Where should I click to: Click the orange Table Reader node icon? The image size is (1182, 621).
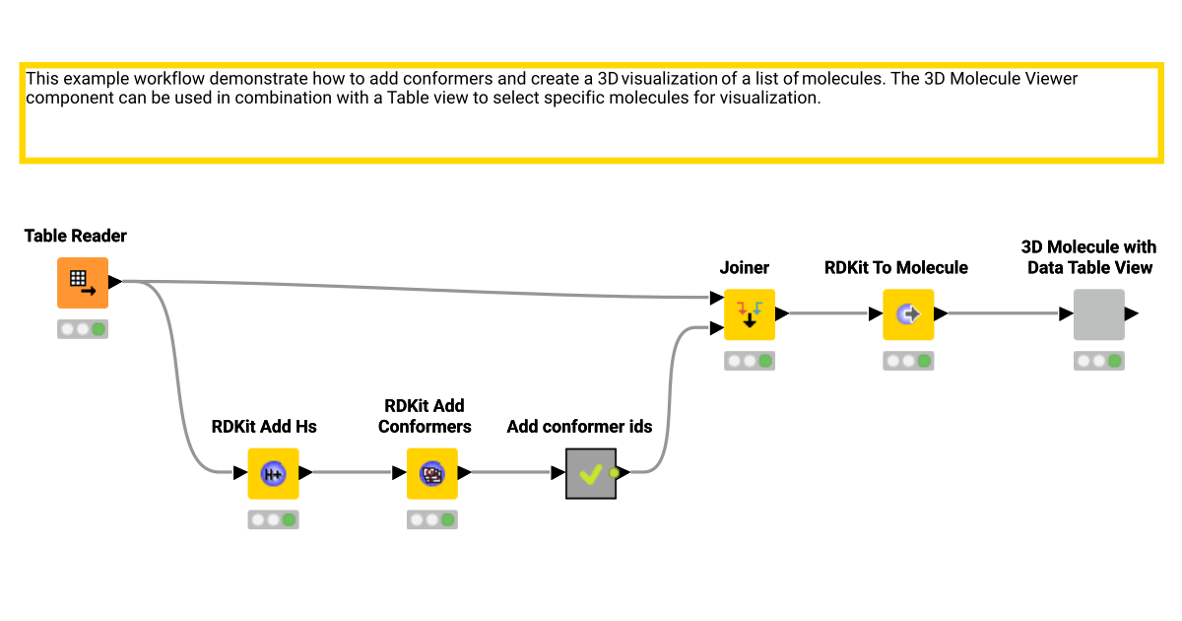[x=82, y=283]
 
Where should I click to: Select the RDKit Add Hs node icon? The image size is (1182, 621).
[x=273, y=473]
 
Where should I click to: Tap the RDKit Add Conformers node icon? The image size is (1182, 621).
[x=432, y=473]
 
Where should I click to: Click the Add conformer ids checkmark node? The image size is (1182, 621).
[x=591, y=473]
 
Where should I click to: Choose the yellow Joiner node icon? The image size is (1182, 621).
[x=750, y=314]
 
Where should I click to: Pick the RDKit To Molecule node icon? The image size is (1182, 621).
[x=908, y=314]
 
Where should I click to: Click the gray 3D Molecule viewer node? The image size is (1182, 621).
[x=1098, y=314]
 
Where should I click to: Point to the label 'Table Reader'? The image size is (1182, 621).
[x=76, y=236]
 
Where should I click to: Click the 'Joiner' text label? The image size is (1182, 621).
[x=745, y=267]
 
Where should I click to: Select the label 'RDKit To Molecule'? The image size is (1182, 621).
[x=896, y=267]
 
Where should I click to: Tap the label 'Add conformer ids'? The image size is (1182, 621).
[x=580, y=427]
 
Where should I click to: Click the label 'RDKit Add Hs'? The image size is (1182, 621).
[x=264, y=427]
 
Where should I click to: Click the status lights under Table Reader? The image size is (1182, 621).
[x=83, y=329]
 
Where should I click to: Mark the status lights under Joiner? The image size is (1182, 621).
[x=750, y=361]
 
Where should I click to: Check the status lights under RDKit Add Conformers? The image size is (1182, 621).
[x=432, y=519]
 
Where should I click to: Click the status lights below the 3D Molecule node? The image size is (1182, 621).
[x=1099, y=361]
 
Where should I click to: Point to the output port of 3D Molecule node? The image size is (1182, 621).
[x=1132, y=314]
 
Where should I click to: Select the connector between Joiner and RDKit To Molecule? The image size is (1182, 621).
[x=827, y=314]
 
